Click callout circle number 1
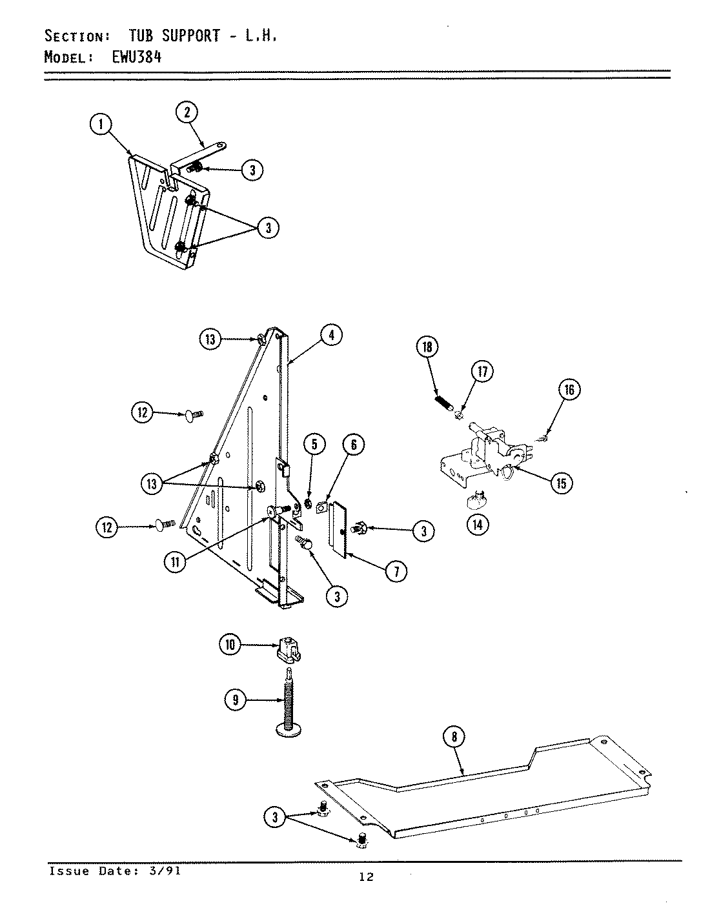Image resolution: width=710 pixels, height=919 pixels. (x=101, y=125)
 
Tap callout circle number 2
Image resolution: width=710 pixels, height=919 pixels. (x=187, y=112)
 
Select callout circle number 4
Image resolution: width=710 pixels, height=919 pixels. (x=330, y=335)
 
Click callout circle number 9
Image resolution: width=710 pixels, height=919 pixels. (x=236, y=700)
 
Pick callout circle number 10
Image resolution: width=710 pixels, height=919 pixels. (x=230, y=644)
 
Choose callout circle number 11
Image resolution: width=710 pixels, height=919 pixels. (x=175, y=561)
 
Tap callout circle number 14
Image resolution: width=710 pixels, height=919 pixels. (x=477, y=525)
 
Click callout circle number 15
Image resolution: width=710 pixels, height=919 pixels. (x=562, y=483)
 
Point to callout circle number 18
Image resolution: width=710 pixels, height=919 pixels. (x=427, y=347)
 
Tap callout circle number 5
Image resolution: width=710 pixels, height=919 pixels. (x=314, y=444)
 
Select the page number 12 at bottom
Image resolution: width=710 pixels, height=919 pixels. (x=366, y=876)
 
